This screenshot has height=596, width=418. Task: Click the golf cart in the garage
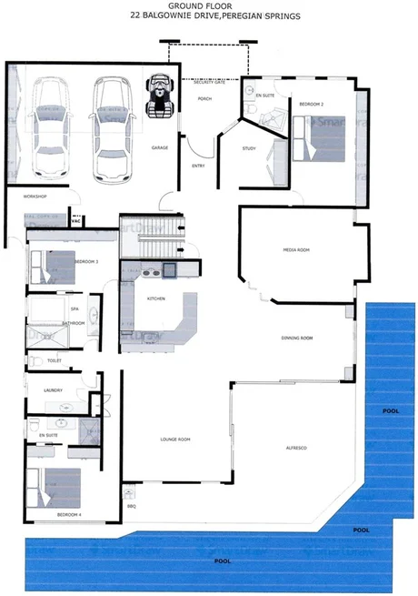click(161, 95)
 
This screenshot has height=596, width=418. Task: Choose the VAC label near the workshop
click(77, 219)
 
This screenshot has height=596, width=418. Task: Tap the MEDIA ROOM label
click(297, 249)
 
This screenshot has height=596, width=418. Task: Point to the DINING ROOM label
click(297, 338)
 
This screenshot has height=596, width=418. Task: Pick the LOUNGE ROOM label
click(174, 439)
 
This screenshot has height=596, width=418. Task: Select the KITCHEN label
click(155, 298)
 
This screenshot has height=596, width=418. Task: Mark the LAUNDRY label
click(40, 390)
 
